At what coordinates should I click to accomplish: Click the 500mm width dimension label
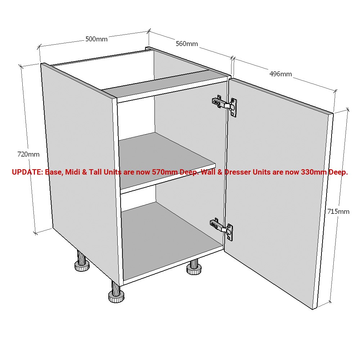pyautogui.click(x=96, y=39)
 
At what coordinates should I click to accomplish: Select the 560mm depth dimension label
pyautogui.click(x=186, y=44)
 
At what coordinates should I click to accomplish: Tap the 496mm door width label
pyautogui.click(x=280, y=74)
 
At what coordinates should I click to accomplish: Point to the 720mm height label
pyautogui.click(x=28, y=154)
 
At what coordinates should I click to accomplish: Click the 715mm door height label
pyautogui.click(x=338, y=211)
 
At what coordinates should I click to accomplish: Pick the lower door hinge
pyautogui.click(x=222, y=228)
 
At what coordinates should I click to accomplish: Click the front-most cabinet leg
pyautogui.click(x=116, y=292)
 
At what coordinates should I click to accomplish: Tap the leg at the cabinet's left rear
pyautogui.click(x=82, y=263)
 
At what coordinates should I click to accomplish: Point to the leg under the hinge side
pyautogui.click(x=194, y=267)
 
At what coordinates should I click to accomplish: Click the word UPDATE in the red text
pyautogui.click(x=27, y=172)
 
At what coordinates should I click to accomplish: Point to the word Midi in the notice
pyautogui.click(x=73, y=172)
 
